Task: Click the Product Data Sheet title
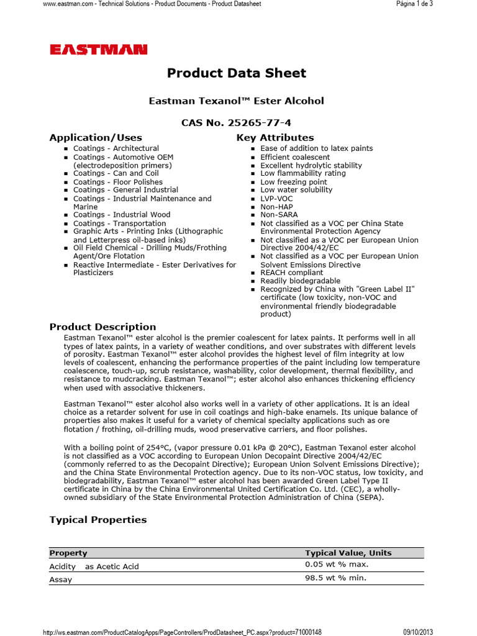point(237,73)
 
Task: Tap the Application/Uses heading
point(96,138)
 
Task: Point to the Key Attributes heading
point(275,138)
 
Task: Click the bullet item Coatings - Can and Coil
point(116,173)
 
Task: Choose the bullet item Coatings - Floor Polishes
point(117,182)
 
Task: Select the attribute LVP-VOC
point(276,199)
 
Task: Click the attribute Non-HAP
point(276,207)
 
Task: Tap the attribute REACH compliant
point(291,273)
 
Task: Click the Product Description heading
point(103,327)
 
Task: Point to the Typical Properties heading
point(98,520)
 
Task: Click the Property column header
point(68,553)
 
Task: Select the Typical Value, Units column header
point(348,553)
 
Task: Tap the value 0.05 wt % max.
point(337,565)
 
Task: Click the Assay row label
point(61,579)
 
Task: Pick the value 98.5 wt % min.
point(335,578)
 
